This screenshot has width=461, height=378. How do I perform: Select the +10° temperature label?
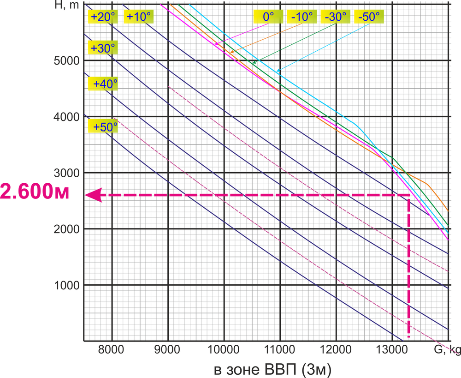(x=139, y=17)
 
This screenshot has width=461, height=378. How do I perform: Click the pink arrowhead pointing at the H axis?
(x=95, y=195)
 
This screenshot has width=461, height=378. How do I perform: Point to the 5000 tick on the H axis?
(x=65, y=61)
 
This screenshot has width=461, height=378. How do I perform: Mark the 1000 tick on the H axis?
(x=65, y=285)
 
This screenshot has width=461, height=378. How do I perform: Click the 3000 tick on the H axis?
(x=65, y=173)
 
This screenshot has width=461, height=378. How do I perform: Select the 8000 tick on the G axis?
(x=112, y=350)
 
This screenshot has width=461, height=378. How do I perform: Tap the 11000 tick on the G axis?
(x=280, y=350)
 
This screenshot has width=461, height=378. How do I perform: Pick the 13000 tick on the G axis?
(x=392, y=350)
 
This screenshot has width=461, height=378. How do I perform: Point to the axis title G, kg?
(x=446, y=350)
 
